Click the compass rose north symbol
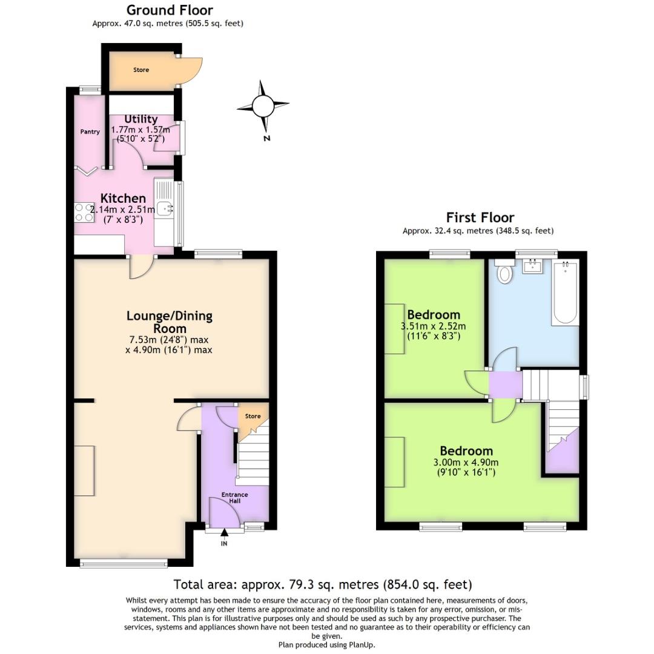click(x=263, y=107)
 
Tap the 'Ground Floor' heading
click(x=169, y=10)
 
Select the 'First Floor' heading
click(x=480, y=217)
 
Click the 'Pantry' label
click(x=90, y=131)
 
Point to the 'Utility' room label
click(x=140, y=119)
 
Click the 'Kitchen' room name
click(x=123, y=199)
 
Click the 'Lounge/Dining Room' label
click(x=169, y=322)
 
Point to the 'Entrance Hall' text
click(x=234, y=498)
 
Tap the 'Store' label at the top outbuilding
click(x=141, y=70)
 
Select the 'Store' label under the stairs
click(x=253, y=416)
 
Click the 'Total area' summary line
click(x=322, y=584)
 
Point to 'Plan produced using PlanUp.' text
click(x=326, y=645)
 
